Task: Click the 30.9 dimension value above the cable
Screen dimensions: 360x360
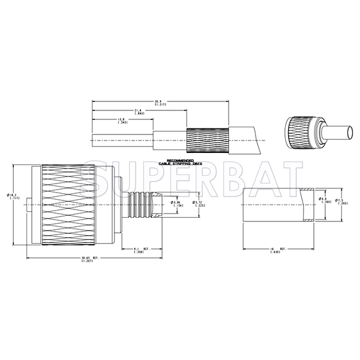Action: (x=159, y=101)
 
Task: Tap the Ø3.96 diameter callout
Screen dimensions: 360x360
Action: (x=177, y=204)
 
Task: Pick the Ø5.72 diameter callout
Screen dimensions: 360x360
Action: (x=199, y=204)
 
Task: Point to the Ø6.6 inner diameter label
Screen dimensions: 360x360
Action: (x=326, y=200)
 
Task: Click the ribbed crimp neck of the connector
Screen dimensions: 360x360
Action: (x=141, y=205)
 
